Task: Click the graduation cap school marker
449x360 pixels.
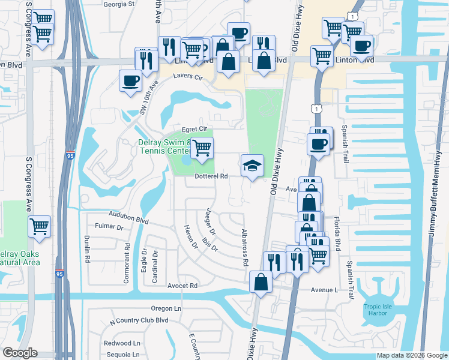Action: coord(252,165)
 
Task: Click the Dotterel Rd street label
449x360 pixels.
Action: coord(211,176)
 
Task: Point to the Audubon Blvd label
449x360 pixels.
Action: coord(128,216)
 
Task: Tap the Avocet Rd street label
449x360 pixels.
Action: coord(182,286)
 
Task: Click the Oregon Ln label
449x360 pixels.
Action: coord(166,308)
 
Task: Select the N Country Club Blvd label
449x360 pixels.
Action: coord(139,320)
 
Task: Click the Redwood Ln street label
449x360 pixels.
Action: coord(122,343)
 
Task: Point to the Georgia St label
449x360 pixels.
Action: coord(119,4)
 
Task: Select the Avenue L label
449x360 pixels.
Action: coord(325,290)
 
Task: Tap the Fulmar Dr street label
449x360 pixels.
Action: coord(109,227)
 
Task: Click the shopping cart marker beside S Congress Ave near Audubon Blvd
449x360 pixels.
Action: coord(39,226)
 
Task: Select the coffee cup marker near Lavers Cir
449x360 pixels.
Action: coord(130,80)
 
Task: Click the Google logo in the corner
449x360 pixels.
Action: coord(20,353)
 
